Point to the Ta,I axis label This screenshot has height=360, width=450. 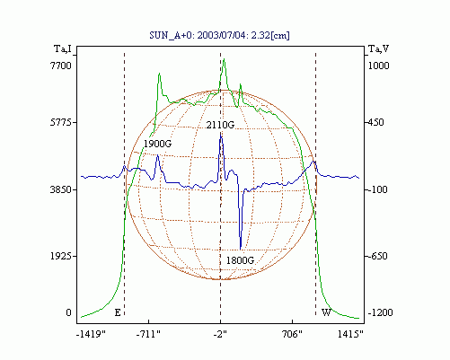click(63, 48)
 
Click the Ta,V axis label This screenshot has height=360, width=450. click(378, 48)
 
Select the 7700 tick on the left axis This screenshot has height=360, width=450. click(61, 66)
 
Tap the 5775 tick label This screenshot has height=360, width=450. click(61, 122)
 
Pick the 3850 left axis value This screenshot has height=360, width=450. click(61, 189)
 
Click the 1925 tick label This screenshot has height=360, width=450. click(61, 256)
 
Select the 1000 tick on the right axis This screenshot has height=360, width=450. click(378, 66)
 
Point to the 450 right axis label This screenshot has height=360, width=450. click(375, 122)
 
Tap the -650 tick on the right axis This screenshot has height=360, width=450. click(378, 256)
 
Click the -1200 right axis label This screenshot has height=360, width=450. click(380, 312)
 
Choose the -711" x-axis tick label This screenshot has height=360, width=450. click(148, 334)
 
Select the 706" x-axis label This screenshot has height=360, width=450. click(292, 334)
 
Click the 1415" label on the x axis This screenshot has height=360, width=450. click(350, 334)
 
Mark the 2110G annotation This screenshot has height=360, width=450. click(220, 125)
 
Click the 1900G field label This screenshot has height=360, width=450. click(158, 144)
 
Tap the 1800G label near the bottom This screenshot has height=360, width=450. click(240, 260)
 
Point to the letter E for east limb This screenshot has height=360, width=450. click(118, 312)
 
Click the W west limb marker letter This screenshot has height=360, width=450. click(326, 312)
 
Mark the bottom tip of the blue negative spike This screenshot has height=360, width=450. click(241, 250)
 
